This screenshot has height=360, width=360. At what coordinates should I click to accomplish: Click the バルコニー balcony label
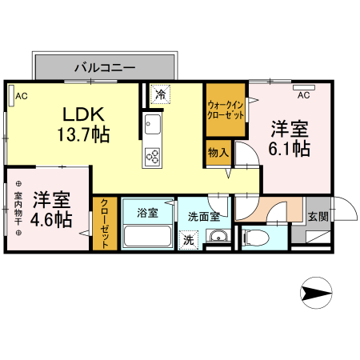tap(105, 67)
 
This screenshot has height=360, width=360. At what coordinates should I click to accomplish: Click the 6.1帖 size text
tap(290, 148)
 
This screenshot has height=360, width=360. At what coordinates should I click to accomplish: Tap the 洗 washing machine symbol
tap(188, 238)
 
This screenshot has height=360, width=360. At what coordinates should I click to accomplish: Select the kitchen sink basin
tap(152, 126)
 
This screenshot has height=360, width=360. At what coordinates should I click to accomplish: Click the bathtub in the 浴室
tap(147, 237)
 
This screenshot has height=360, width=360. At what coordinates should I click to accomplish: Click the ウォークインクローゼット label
tap(226, 110)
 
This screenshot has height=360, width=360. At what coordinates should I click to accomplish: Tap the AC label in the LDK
tap(22, 96)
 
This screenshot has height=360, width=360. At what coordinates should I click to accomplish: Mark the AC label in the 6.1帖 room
tap(303, 94)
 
